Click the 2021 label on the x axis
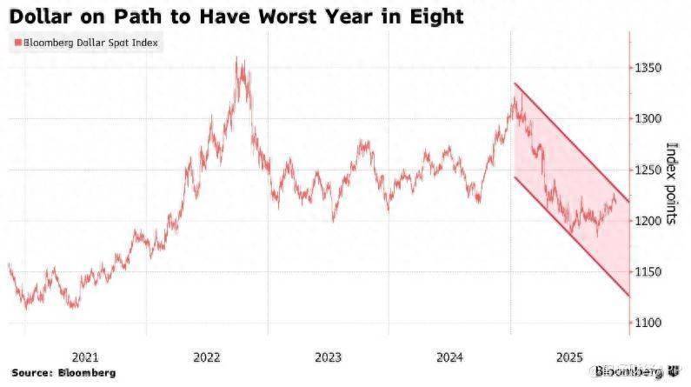pyautogui.click(x=84, y=357)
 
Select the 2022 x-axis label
pyautogui.click(x=206, y=357)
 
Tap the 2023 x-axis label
pyautogui.click(x=328, y=357)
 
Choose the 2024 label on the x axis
pyautogui.click(x=448, y=357)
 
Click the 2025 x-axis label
pyautogui.click(x=569, y=357)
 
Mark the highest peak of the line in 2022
pyautogui.click(x=239, y=58)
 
